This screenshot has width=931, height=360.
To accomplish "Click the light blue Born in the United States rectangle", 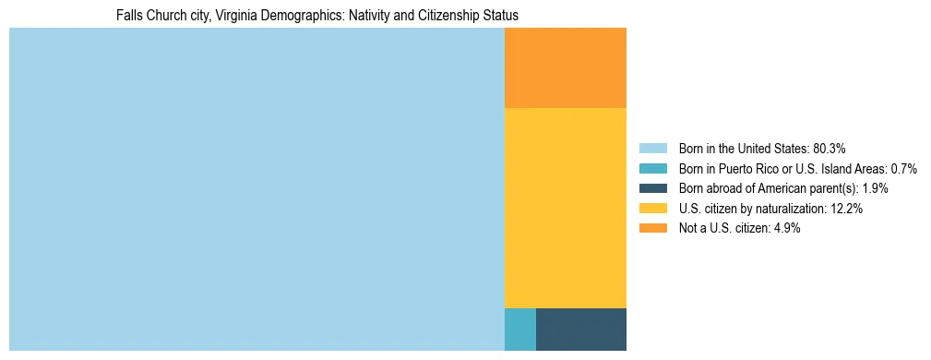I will click(x=257, y=189).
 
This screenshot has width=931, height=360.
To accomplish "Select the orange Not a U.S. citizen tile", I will click(x=565, y=67).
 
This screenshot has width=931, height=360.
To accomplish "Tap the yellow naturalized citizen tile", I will click(x=565, y=208).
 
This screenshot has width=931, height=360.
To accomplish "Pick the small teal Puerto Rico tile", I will click(x=519, y=330).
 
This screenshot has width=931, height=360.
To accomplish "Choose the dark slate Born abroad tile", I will click(x=580, y=330).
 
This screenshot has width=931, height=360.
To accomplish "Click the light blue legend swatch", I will click(x=652, y=149).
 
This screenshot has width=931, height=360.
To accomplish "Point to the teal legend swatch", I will click(x=652, y=169).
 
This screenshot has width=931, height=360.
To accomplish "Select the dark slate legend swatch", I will click(x=652, y=188).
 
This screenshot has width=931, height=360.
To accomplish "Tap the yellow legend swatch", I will click(x=652, y=209).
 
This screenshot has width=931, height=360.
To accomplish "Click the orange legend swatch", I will click(x=652, y=228).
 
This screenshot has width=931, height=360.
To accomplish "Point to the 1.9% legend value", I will click(x=875, y=188).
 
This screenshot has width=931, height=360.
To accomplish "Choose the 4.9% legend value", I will click(x=785, y=228).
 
